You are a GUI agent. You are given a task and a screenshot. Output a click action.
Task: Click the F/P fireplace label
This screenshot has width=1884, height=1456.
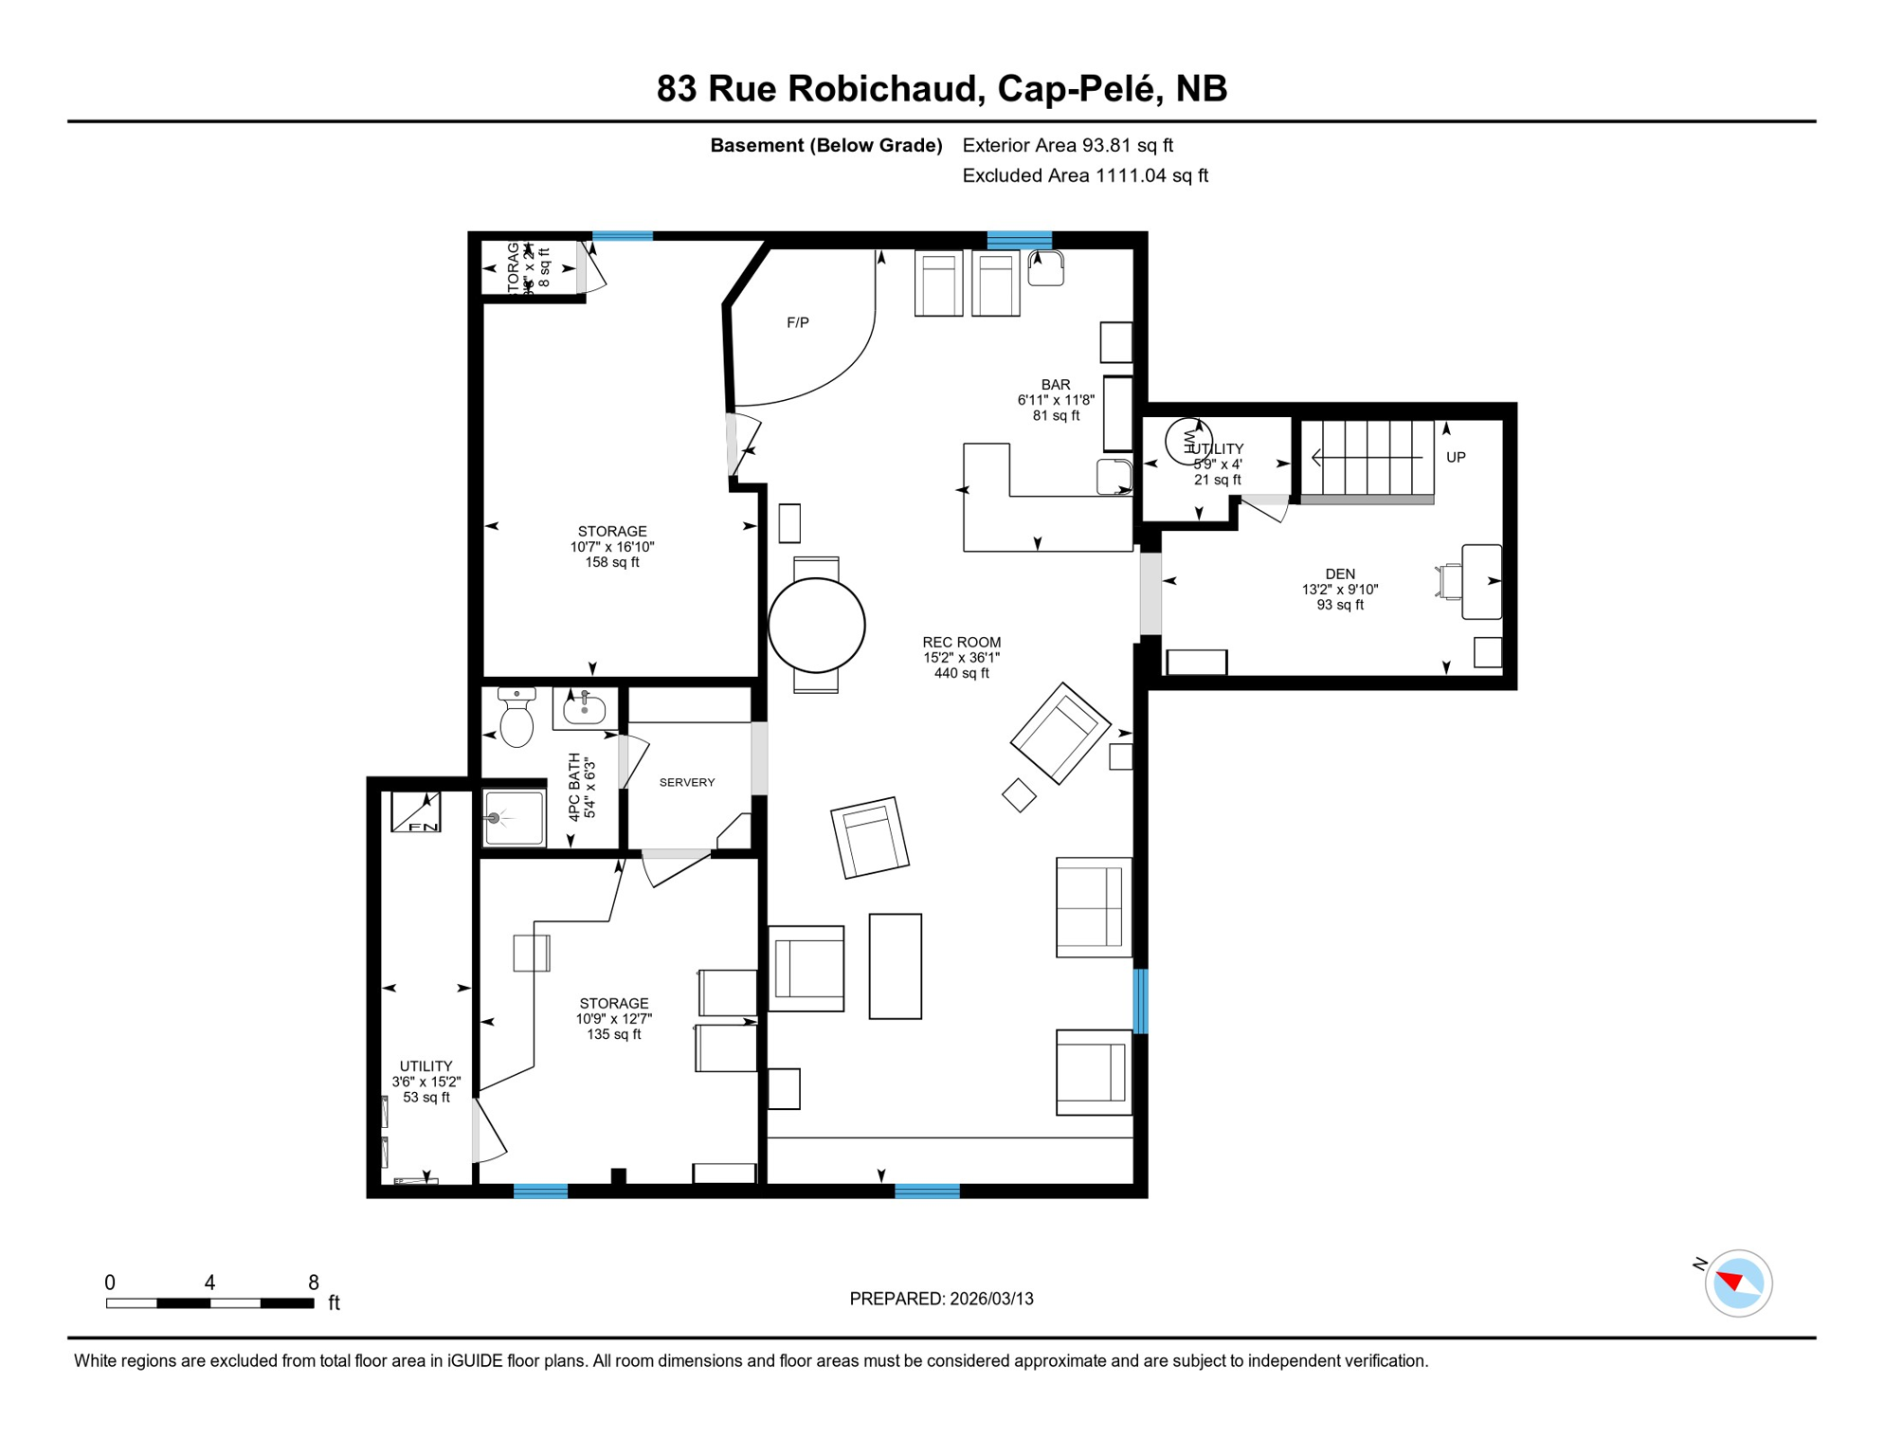point(797,323)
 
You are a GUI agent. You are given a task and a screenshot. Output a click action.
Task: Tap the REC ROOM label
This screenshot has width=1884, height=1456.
point(961,643)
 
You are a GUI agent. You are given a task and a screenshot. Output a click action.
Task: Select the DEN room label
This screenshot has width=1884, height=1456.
point(1339,573)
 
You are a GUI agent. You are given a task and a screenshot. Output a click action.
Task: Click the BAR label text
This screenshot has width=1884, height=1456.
point(1055,385)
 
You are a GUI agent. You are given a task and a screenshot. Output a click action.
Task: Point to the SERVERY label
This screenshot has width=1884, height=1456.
point(686,782)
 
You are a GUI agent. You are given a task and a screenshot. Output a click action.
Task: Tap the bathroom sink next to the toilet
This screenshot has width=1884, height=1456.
point(584,708)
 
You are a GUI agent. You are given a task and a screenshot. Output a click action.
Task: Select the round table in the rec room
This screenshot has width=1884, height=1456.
point(816,626)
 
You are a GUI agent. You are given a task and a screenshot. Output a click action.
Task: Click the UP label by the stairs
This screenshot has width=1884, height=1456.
point(1455,458)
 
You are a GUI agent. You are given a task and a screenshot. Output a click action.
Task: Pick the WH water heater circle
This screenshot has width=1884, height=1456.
point(1187,442)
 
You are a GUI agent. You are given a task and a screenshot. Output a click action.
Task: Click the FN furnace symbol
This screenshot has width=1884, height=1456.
point(416,813)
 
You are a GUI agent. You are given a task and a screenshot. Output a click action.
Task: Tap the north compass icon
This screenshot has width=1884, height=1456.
point(1737,1283)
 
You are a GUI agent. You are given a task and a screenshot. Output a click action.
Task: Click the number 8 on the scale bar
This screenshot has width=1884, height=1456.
point(313,1283)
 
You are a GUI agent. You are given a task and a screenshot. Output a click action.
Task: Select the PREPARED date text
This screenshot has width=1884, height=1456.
point(941,1299)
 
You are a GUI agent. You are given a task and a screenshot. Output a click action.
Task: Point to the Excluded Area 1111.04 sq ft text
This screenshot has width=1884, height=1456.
point(1084,175)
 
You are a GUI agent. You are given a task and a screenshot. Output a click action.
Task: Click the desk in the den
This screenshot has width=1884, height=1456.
point(1480,582)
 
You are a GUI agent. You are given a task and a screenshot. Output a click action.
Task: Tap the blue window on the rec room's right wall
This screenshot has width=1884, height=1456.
point(1140,1001)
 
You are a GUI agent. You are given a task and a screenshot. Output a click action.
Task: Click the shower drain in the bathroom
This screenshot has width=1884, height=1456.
point(494,818)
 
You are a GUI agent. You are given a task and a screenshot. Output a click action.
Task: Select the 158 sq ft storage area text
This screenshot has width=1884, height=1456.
point(611,562)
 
